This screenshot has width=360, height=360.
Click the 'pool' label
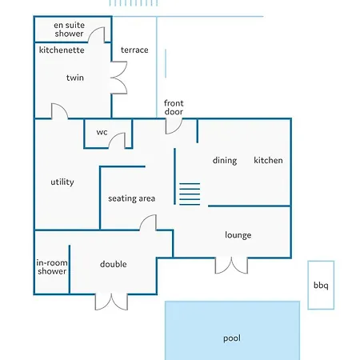point(232,338)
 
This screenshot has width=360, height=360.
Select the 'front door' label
point(174,107)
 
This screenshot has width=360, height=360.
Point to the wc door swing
point(114,138)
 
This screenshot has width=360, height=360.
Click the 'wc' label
point(102,132)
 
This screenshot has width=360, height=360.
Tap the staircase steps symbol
point(190,194)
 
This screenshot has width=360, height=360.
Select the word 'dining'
point(225,160)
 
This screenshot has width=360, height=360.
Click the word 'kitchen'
point(268,160)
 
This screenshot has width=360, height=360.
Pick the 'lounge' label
point(238,235)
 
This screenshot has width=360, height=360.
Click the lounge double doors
point(231,266)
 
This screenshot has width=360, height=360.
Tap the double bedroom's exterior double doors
point(111,302)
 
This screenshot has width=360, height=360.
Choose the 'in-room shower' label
point(52,267)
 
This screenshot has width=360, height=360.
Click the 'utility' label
point(62,182)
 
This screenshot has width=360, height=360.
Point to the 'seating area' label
point(131,198)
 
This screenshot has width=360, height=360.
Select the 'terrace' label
point(134,50)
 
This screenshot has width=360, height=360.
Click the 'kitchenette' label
point(62,50)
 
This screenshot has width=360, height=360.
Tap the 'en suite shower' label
point(69,30)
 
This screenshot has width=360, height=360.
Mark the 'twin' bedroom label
point(75,78)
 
